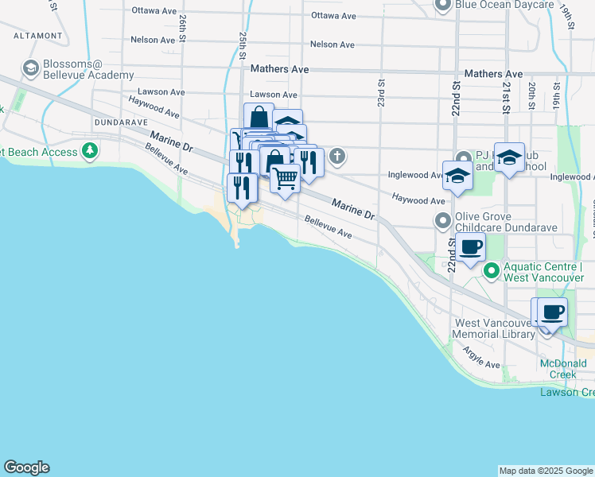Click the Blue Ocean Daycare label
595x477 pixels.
pyautogui.click(x=504, y=5)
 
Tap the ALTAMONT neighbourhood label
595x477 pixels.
pyautogui.click(x=32, y=36)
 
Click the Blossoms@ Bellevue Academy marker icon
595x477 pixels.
pyautogui.click(x=32, y=68)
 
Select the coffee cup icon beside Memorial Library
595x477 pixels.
pyautogui.click(x=551, y=311)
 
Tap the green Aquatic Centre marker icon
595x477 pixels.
pyautogui.click(x=492, y=272)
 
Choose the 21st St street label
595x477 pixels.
pyautogui.click(x=506, y=90)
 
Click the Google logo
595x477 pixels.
pyautogui.click(x=26, y=467)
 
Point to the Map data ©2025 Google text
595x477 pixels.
pyautogui.click(x=546, y=471)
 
